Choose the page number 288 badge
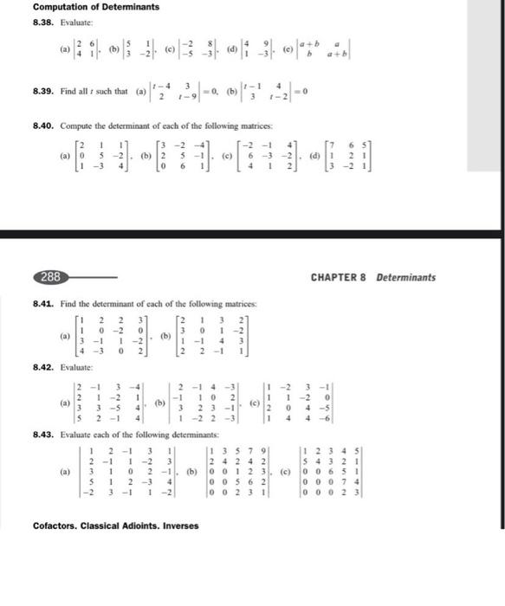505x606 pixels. tap(50, 277)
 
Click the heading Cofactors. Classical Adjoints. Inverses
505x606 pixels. tap(115, 525)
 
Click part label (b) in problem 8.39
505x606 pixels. tap(230, 90)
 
